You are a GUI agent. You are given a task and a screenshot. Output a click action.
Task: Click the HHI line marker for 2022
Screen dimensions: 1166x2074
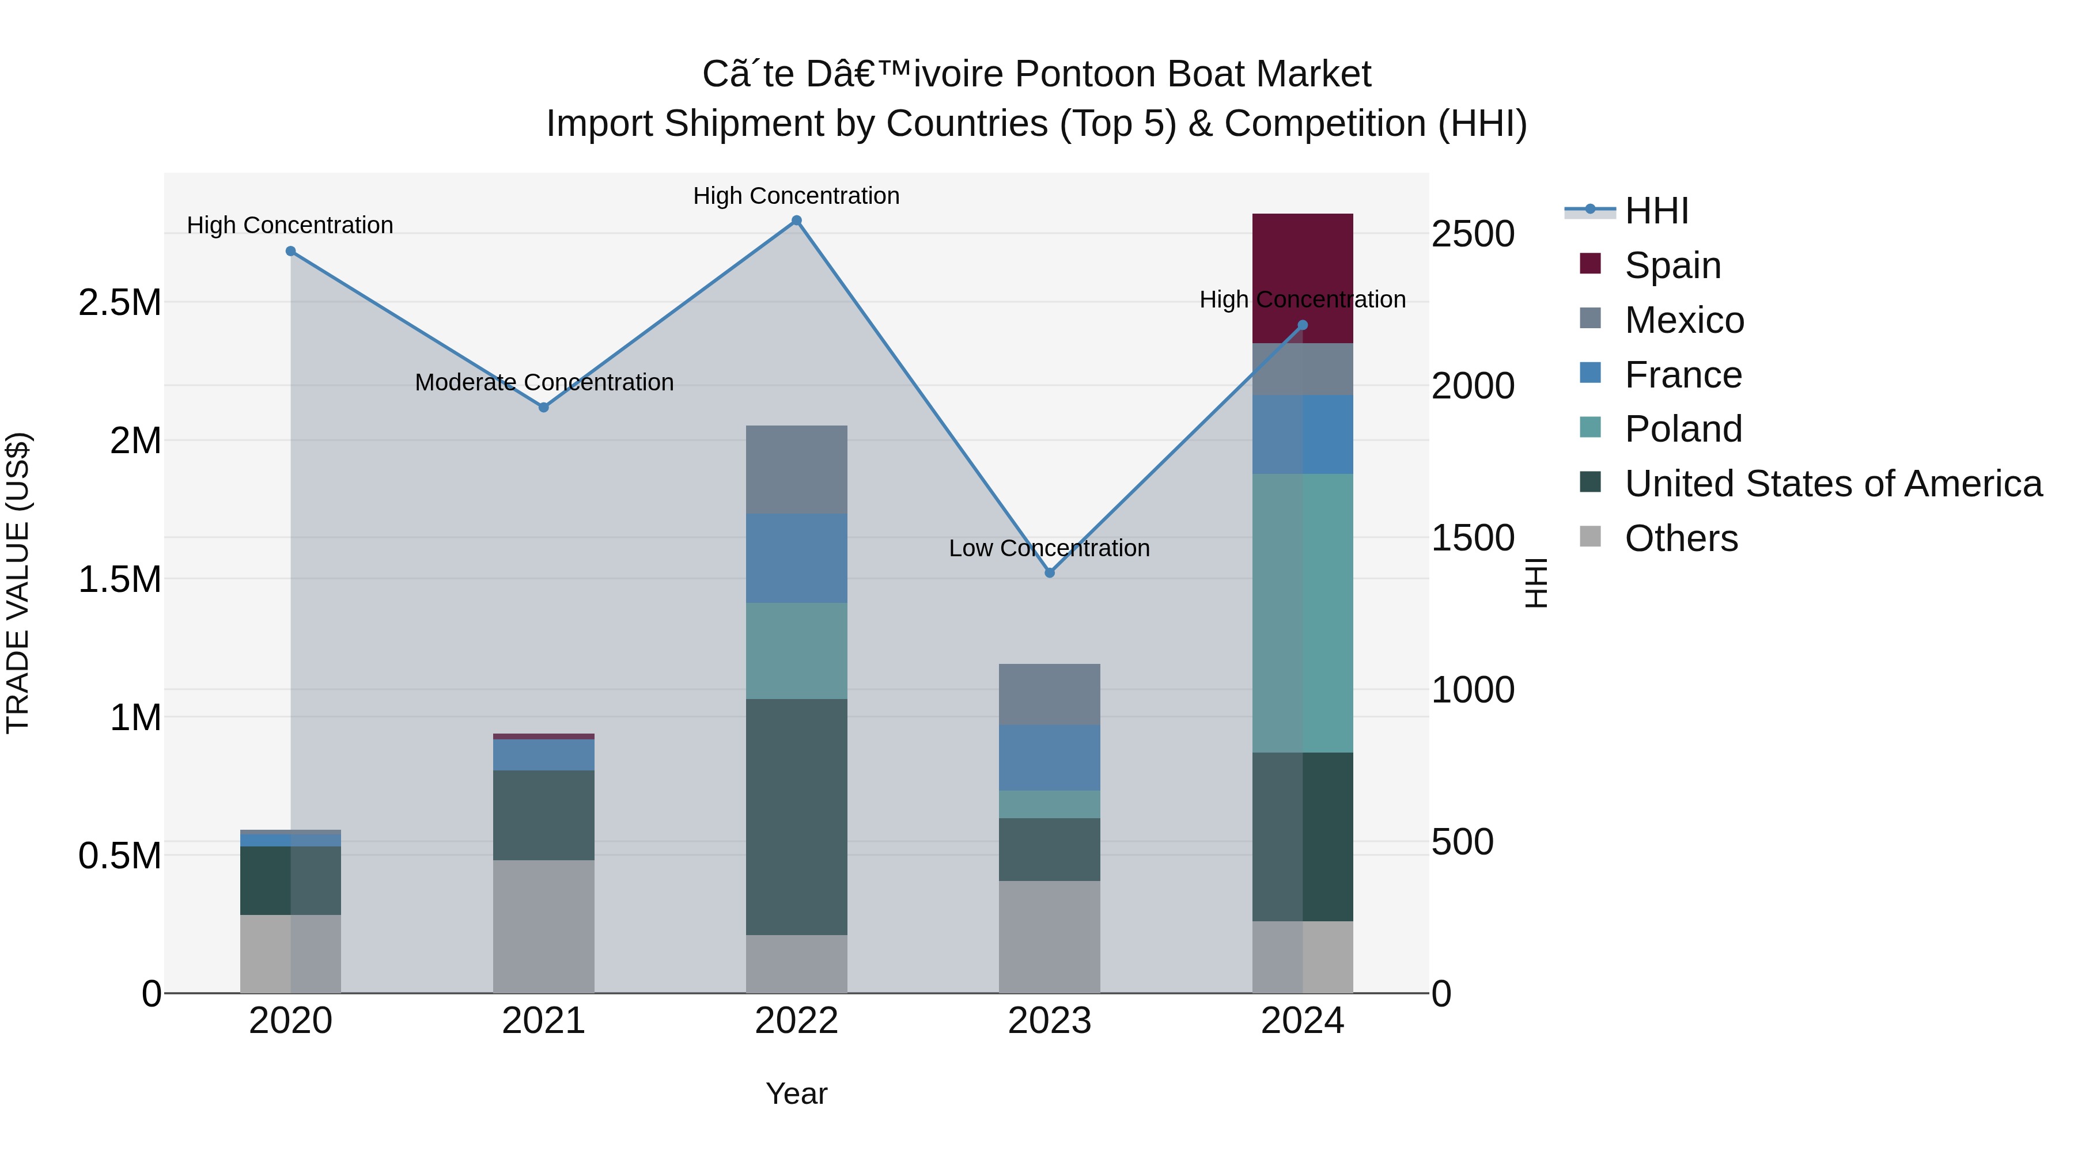[x=796, y=221]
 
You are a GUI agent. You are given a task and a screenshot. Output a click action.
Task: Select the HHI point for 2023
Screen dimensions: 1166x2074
[x=1049, y=573]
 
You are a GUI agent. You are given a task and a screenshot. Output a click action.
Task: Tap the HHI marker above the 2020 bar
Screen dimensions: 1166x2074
[x=291, y=251]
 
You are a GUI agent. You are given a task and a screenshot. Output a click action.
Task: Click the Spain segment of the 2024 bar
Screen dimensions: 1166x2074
[x=1302, y=278]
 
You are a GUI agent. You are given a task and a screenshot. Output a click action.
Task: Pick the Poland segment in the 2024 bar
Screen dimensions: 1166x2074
[x=1302, y=613]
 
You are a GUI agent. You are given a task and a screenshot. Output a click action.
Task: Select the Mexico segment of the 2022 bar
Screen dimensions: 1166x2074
[x=796, y=469]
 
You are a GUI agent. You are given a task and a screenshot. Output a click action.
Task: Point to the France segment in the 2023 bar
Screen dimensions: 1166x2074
[x=1049, y=757]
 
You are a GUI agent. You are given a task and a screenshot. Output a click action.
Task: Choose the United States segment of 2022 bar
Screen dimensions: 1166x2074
[x=796, y=816]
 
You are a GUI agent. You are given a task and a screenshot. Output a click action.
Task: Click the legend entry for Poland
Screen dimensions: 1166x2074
[x=1683, y=429]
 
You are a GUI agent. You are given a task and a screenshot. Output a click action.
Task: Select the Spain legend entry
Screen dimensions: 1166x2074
[x=1672, y=265]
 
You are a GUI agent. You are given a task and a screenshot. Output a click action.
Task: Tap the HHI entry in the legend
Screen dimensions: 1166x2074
[x=1656, y=211]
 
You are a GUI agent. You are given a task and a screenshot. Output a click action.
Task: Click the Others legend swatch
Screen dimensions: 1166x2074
[x=1590, y=537]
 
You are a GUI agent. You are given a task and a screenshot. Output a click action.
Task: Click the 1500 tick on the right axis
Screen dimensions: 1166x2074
[x=1473, y=538]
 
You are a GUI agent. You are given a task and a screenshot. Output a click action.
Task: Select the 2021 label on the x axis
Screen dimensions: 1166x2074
[x=543, y=1021]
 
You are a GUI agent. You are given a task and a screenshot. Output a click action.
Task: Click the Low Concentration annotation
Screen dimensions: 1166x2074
[x=1049, y=548]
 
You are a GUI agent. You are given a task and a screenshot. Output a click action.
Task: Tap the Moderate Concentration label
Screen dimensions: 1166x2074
[x=543, y=382]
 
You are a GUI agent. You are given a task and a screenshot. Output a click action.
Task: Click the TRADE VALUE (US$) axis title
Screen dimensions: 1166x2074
[x=18, y=583]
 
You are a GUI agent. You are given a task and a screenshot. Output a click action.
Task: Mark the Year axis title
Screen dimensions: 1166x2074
[x=796, y=1093]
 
